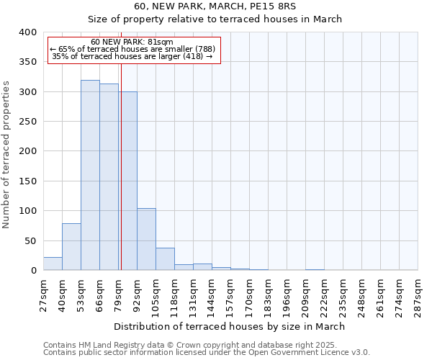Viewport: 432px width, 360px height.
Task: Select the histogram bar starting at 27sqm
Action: pyautogui.click(x=53, y=264)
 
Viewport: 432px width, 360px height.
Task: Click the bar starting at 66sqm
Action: pyautogui.click(x=109, y=177)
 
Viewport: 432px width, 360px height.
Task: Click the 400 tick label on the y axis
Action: pyautogui.click(x=27, y=32)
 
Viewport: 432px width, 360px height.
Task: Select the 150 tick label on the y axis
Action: pyautogui.click(x=27, y=181)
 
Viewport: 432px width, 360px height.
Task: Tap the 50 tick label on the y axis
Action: pyautogui.click(x=30, y=240)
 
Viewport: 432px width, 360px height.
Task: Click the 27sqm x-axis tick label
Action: pyautogui.click(x=43, y=294)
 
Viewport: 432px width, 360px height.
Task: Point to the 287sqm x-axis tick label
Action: pyautogui.click(x=418, y=294)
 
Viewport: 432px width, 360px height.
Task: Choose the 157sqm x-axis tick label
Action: pyautogui.click(x=230, y=294)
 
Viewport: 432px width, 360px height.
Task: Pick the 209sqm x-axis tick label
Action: pyautogui.click(x=305, y=294)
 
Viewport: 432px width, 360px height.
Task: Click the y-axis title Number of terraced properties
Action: pyautogui.click(x=7, y=155)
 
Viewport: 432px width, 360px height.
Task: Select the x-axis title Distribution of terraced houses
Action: pyautogui.click(x=230, y=326)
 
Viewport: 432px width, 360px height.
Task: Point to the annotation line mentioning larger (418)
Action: pyautogui.click(x=132, y=56)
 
